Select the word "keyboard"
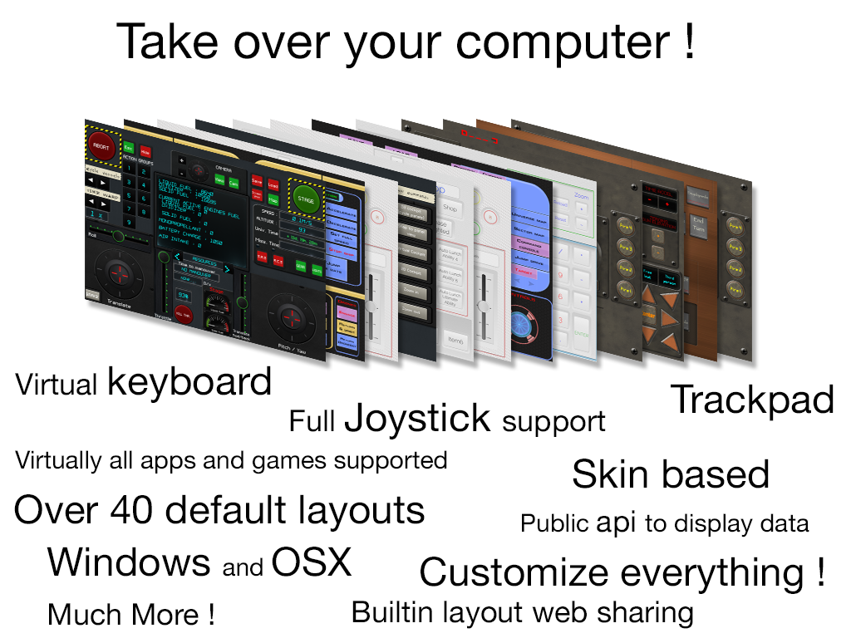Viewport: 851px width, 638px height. click(189, 382)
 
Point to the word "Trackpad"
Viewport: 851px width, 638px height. click(751, 400)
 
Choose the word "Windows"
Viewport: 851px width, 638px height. click(129, 562)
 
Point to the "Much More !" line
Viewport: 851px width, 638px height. click(131, 615)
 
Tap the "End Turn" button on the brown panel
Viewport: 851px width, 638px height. click(698, 225)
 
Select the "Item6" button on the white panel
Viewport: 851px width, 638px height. click(455, 340)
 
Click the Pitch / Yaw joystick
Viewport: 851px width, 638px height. click(291, 316)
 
